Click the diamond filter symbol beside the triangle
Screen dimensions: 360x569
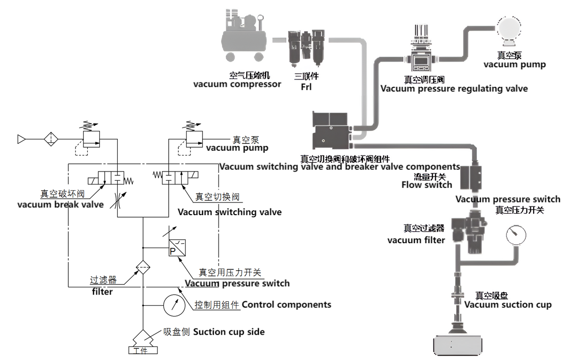click(x=51, y=139)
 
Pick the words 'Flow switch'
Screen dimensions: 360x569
click(x=427, y=185)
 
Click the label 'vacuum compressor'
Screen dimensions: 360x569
click(x=237, y=84)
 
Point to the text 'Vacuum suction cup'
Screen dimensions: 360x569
click(x=507, y=305)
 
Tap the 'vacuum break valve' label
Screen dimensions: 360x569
click(x=61, y=204)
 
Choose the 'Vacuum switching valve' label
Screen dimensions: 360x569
click(x=229, y=212)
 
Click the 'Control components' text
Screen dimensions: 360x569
click(x=286, y=305)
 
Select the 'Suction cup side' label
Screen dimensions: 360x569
click(x=229, y=332)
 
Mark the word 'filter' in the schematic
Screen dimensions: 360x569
click(x=102, y=292)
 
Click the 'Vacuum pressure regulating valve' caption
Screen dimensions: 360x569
click(x=454, y=89)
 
